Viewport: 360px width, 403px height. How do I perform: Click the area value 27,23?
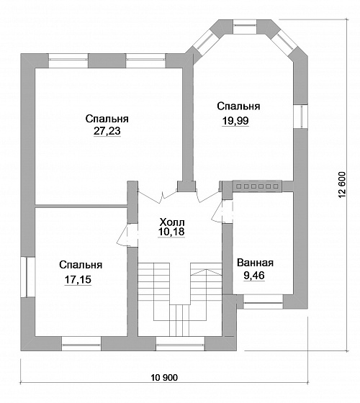click(x=107, y=131)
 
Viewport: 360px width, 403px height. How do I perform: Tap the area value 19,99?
click(x=235, y=121)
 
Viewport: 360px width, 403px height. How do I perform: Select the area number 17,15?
click(x=78, y=280)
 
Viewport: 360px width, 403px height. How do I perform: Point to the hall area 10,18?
click(x=171, y=232)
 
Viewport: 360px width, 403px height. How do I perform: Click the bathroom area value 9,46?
click(x=254, y=275)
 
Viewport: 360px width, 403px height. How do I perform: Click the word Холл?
click(x=172, y=222)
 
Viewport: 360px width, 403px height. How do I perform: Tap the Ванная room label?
click(x=255, y=263)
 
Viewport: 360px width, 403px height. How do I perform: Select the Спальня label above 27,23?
click(x=107, y=119)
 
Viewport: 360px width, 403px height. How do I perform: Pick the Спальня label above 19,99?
click(x=238, y=106)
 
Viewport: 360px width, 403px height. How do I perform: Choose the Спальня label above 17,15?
click(x=81, y=265)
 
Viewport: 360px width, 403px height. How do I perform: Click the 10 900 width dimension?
click(x=164, y=378)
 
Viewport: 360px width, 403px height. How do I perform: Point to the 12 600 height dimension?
click(x=342, y=184)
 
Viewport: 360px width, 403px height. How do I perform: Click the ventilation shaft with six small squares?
click(x=257, y=186)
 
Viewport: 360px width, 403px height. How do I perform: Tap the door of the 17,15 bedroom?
click(x=127, y=235)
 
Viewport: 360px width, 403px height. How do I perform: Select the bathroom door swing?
click(x=222, y=212)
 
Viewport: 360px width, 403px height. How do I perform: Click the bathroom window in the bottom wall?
click(x=263, y=302)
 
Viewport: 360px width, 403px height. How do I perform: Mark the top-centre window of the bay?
click(x=245, y=27)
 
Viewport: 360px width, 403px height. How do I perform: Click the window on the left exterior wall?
click(x=28, y=277)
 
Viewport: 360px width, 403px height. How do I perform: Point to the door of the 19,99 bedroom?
click(x=207, y=196)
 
